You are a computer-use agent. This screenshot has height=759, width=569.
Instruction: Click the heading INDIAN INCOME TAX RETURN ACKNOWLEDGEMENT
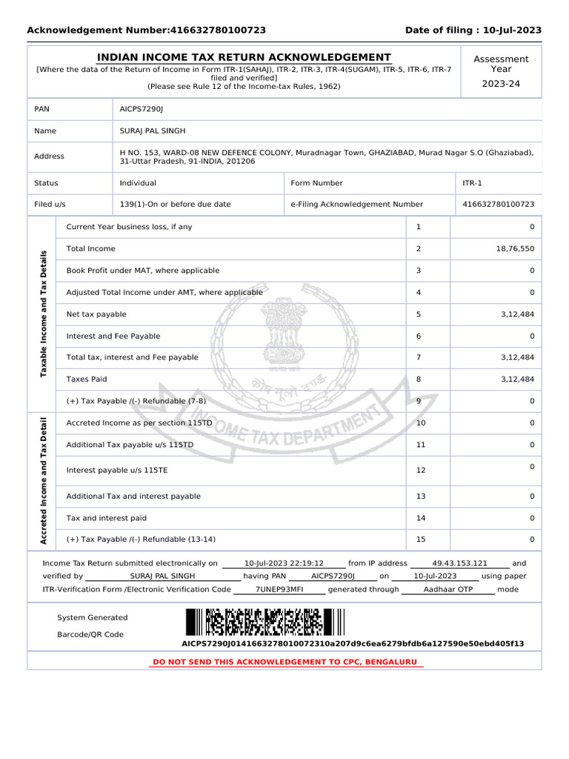(244, 58)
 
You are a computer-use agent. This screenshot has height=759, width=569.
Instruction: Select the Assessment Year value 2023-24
(501, 84)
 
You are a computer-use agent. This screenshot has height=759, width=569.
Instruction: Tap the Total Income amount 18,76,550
(514, 249)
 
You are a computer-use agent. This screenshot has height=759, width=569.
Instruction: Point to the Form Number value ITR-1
(464, 183)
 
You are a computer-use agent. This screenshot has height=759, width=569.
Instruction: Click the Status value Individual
(138, 183)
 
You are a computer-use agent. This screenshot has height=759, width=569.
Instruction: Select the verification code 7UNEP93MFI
(279, 589)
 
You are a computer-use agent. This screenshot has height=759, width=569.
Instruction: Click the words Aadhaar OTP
(447, 589)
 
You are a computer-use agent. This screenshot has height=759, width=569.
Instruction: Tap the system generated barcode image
(264, 623)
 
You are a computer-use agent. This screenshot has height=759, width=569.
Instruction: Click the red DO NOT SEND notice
(284, 661)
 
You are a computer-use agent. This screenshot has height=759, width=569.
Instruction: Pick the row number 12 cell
(421, 471)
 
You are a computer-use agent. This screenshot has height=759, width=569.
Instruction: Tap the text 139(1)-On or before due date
(175, 204)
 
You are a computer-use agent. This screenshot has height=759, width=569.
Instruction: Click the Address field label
(49, 156)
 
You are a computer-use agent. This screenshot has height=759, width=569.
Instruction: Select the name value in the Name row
(153, 131)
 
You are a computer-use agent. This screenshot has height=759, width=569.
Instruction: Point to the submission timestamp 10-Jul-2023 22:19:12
(284, 563)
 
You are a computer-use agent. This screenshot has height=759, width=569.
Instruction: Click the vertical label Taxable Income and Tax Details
(43, 314)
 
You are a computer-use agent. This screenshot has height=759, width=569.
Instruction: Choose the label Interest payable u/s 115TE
(117, 471)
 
